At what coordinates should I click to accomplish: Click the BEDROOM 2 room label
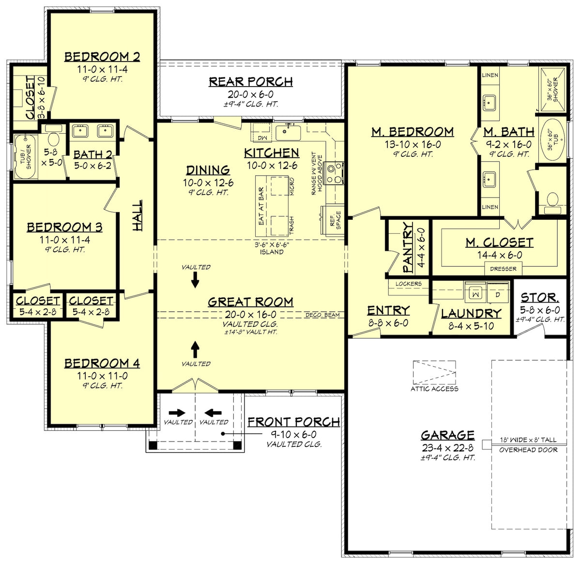pyautogui.click(x=102, y=57)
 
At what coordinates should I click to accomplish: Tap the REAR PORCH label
pyautogui.click(x=251, y=82)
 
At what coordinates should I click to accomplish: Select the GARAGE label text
pyautogui.click(x=447, y=435)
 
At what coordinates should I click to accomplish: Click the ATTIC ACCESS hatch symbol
pyautogui.click(x=434, y=372)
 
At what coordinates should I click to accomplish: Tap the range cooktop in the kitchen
pyautogui.click(x=334, y=174)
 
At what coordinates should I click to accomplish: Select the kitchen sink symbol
pyautogui.click(x=288, y=131)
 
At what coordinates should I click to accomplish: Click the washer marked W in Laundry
pyautogui.click(x=475, y=294)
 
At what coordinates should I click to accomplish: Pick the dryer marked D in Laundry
pyautogui.click(x=496, y=294)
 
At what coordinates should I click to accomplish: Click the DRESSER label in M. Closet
pyautogui.click(x=503, y=269)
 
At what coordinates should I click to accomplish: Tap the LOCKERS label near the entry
pyautogui.click(x=408, y=284)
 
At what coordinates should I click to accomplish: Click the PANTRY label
pyautogui.click(x=408, y=247)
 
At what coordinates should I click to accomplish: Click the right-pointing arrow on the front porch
pyautogui.click(x=177, y=413)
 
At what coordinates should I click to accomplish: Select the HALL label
pyautogui.click(x=138, y=215)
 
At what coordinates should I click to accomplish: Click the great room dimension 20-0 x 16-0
pyautogui.click(x=250, y=314)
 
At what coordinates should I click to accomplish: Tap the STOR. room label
pyautogui.click(x=540, y=298)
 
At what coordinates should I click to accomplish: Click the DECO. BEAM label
pyautogui.click(x=322, y=315)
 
